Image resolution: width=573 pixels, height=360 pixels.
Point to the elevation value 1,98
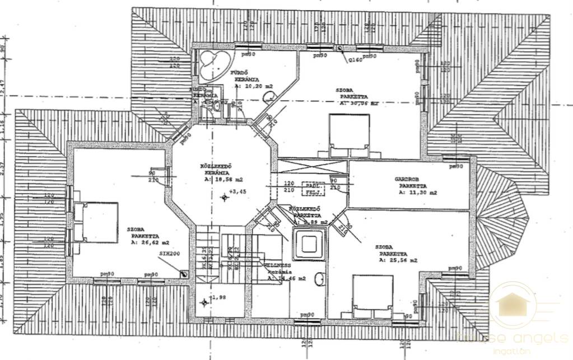(216, 297)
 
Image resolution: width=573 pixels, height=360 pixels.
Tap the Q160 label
(355, 60)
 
